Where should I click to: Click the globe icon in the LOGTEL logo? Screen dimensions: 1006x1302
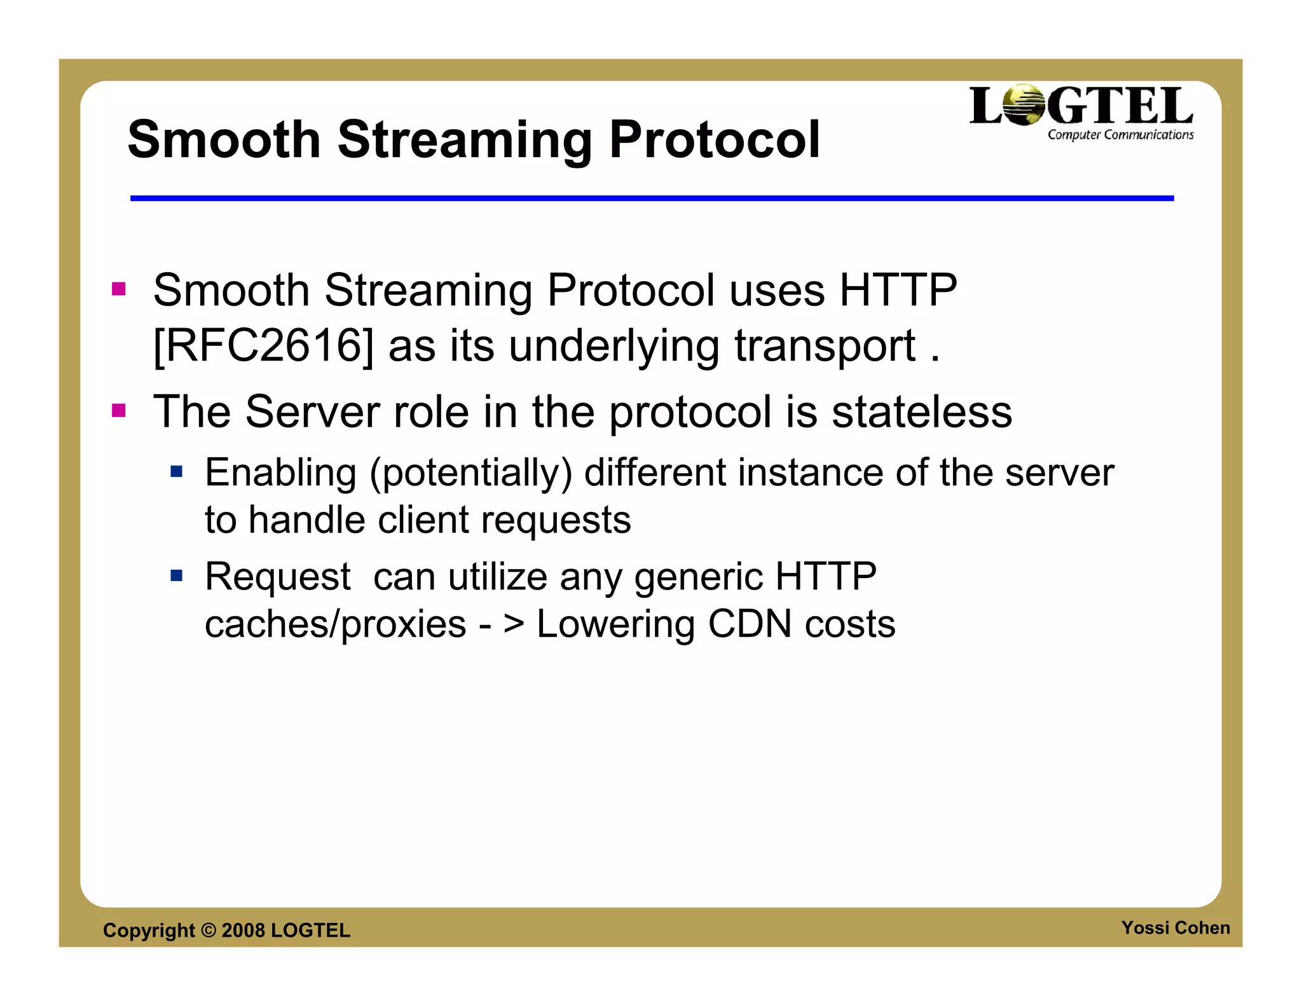1024,105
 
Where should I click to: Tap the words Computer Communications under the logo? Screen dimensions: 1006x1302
1120,135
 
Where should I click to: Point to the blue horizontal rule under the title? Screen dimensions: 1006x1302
652,198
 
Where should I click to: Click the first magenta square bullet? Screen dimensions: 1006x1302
119,289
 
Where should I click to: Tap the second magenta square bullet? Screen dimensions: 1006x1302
119,410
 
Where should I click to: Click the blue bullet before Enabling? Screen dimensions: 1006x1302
177,472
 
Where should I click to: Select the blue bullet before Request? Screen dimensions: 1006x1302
177,576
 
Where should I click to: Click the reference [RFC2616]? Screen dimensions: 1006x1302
263,346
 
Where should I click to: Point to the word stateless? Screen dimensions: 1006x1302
922,411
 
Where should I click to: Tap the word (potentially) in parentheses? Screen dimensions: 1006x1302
471,473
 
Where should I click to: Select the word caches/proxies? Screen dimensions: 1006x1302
335,624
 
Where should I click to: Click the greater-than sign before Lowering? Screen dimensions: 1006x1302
514,624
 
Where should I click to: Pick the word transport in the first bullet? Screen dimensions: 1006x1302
825,347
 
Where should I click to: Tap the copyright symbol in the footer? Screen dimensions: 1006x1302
209,930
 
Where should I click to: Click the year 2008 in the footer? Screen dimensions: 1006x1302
243,930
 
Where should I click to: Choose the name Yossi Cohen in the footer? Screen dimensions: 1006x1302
1175,928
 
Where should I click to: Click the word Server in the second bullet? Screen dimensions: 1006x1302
312,411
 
